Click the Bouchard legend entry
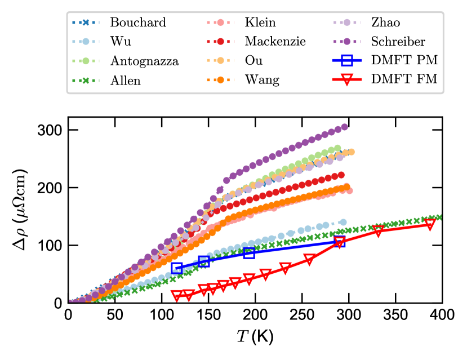[137, 23]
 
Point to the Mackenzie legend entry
[275, 42]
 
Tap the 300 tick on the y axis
[53, 130]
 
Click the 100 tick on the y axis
[53, 245]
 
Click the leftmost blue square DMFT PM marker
[177, 268]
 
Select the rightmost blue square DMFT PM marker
[339, 242]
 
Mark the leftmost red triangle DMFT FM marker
[177, 295]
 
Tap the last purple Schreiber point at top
[345, 127]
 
